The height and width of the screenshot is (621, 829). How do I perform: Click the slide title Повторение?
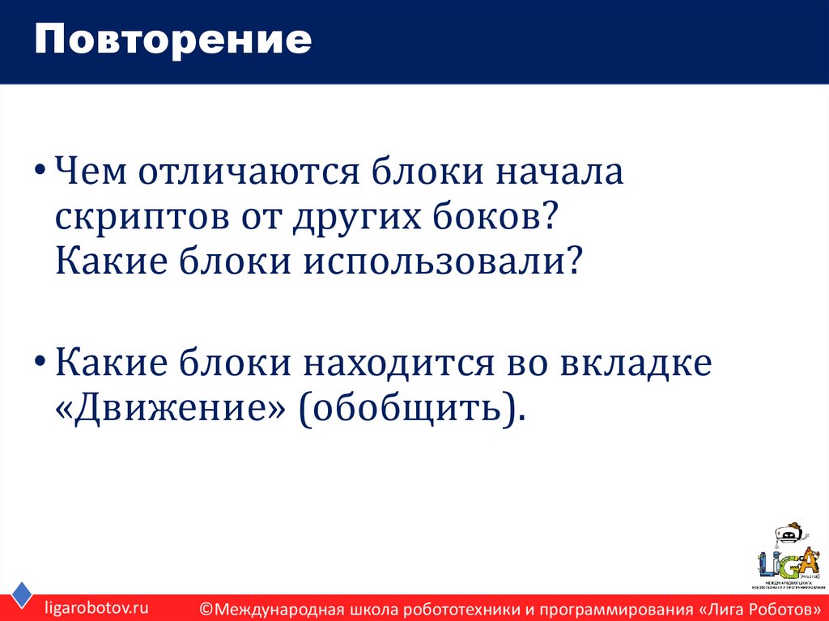tap(172, 40)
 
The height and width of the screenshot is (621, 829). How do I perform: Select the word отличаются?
tap(247, 173)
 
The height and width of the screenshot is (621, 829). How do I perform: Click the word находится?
tap(393, 363)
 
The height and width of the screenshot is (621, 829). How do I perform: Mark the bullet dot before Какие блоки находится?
tap(41, 364)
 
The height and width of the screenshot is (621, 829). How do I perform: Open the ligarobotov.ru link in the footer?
tap(96, 607)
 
